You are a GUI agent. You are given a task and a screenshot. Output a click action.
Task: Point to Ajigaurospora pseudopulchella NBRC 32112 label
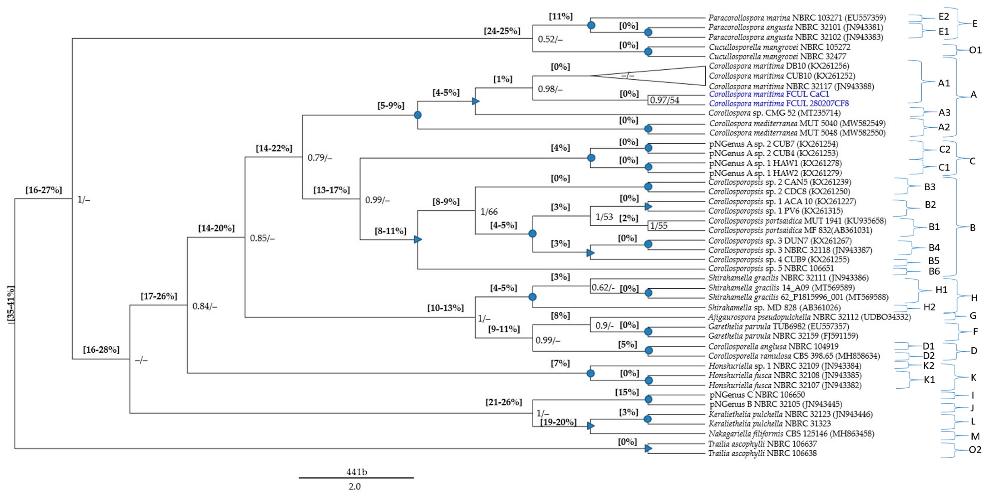coord(809,317)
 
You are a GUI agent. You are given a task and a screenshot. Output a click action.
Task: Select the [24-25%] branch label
coord(502,31)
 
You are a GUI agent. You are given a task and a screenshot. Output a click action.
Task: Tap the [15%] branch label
coord(627,392)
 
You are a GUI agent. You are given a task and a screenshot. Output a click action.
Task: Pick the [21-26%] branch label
coord(504,402)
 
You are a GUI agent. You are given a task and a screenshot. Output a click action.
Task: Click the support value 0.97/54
coord(665,100)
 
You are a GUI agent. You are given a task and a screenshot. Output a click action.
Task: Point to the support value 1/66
coord(489,212)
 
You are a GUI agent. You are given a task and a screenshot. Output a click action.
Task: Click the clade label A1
coord(944,83)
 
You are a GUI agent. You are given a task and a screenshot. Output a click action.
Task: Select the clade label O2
coord(975,450)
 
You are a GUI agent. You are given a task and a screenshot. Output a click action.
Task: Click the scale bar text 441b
coord(356,472)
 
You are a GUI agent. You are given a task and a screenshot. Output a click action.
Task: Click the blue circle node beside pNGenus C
coord(648,400)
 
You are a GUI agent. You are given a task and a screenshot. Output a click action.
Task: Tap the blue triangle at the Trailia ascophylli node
coord(648,448)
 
